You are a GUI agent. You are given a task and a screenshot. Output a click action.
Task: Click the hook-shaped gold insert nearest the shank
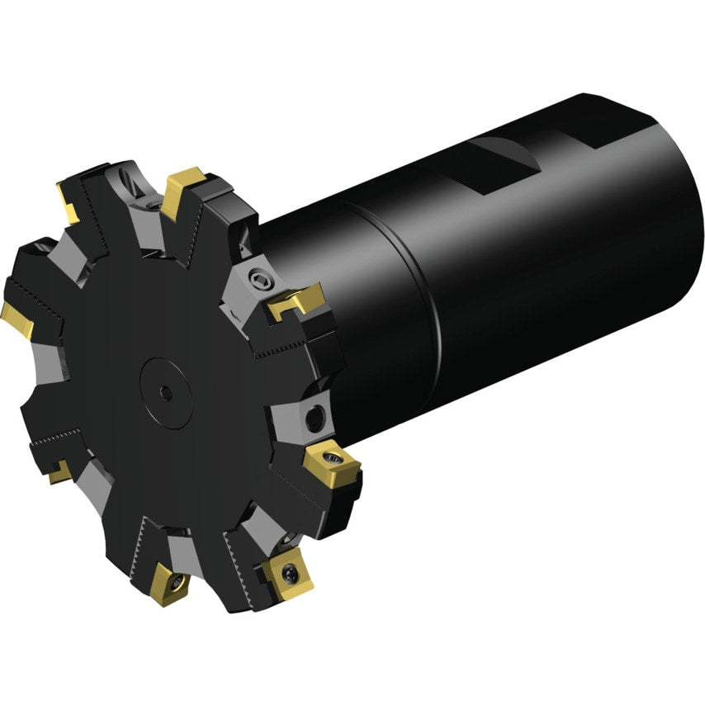tap(296, 302)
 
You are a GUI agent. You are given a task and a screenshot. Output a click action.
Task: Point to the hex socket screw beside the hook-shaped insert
tap(261, 279)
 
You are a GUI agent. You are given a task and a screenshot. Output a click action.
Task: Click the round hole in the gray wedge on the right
tap(315, 418)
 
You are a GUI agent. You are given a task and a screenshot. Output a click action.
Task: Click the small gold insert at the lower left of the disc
tap(59, 472)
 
